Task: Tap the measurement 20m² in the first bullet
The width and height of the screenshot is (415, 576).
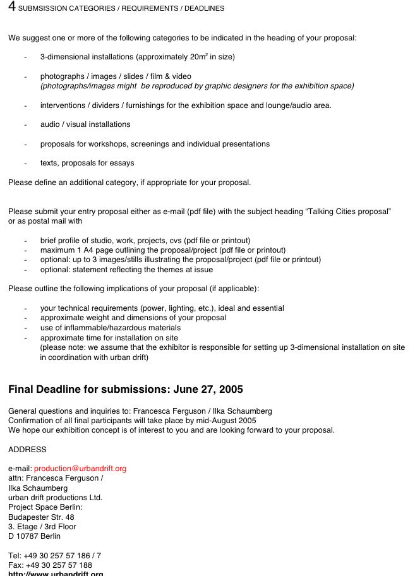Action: click(199, 57)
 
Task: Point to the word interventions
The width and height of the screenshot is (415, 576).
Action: click(62, 105)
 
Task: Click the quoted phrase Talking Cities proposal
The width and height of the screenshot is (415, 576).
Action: click(349, 212)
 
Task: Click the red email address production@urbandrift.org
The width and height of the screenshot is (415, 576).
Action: click(80, 469)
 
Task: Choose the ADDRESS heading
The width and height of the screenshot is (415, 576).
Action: click(27, 450)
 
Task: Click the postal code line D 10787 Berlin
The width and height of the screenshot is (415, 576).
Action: click(35, 536)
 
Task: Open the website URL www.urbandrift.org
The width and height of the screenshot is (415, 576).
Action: click(56, 573)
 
